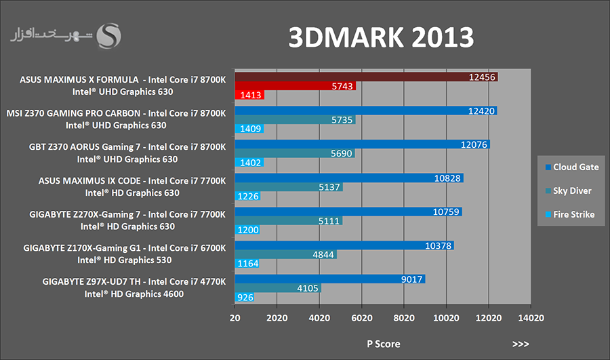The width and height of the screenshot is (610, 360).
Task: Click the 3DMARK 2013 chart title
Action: (x=380, y=37)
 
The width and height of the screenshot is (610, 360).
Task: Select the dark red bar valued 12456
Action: (x=366, y=77)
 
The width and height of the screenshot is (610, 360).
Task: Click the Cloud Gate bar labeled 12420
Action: (x=366, y=111)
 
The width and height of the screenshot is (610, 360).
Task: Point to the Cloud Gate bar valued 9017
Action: (x=330, y=278)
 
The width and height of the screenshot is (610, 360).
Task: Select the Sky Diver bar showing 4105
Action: (x=278, y=287)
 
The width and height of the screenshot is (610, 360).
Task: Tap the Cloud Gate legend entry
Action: (x=571, y=167)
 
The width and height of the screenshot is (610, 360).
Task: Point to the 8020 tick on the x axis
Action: (x=404, y=317)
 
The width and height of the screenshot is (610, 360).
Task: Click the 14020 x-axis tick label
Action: (x=531, y=317)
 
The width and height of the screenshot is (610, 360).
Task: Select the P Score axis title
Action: (x=383, y=344)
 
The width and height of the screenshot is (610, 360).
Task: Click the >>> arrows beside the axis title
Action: (x=521, y=344)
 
